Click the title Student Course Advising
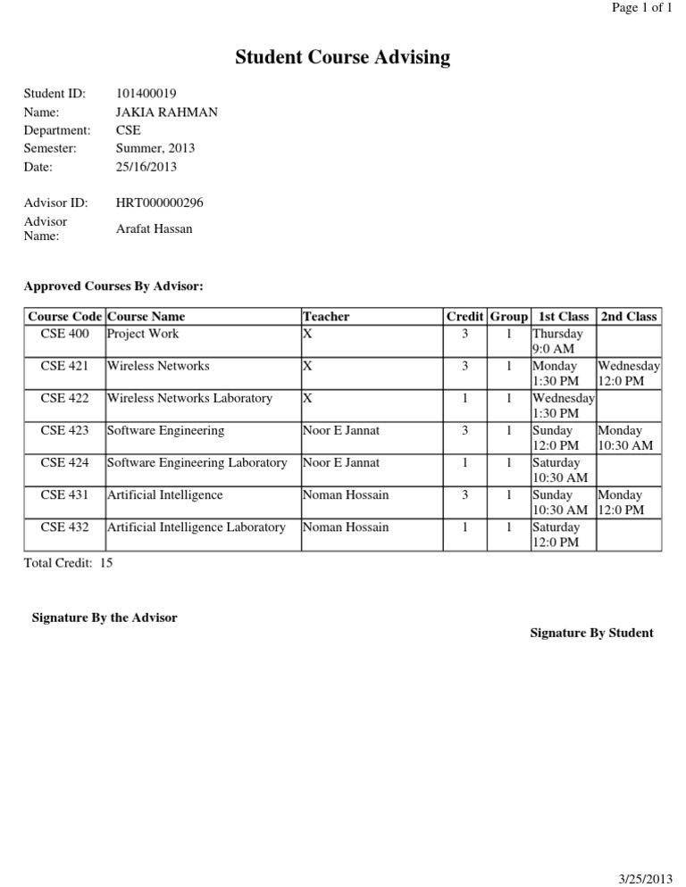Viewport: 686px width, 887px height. (342, 59)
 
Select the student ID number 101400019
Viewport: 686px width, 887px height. (147, 94)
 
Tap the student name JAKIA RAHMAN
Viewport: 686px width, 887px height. (166, 112)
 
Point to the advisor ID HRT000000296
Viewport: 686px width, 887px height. (160, 203)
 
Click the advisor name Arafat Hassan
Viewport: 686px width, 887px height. (154, 229)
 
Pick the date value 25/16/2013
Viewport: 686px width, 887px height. (146, 167)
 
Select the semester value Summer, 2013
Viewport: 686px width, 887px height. (155, 148)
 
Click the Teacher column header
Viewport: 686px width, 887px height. (326, 316)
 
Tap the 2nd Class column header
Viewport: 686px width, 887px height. (629, 316)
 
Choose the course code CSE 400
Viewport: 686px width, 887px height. (64, 334)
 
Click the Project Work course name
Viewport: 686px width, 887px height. (143, 334)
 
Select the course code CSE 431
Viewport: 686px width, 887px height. (64, 494)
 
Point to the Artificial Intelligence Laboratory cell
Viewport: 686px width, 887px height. (197, 526)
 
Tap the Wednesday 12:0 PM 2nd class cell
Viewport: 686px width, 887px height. (629, 373)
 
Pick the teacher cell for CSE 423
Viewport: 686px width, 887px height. (341, 430)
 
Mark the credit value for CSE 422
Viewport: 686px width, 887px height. (465, 398)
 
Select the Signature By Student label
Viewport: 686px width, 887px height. (591, 633)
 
